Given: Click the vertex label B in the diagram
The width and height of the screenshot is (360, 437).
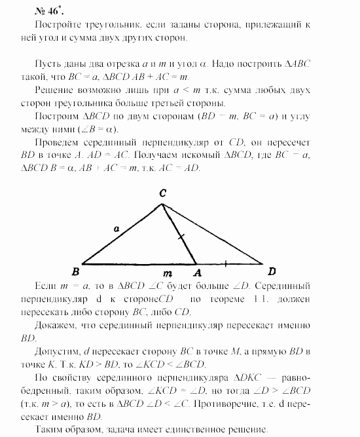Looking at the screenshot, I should tap(77, 269).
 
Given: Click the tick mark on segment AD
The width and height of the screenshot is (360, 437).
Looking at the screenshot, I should tap(226, 263).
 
